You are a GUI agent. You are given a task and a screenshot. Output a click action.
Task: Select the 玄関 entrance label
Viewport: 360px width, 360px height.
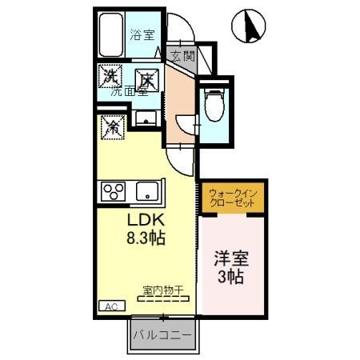[182, 56]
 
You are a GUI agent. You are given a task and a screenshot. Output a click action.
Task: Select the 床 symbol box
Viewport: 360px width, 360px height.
[146, 80]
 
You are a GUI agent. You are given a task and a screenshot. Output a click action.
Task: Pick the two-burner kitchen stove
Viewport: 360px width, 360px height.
[111, 192]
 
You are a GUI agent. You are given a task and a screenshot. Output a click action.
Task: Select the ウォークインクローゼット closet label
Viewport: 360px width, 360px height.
[232, 198]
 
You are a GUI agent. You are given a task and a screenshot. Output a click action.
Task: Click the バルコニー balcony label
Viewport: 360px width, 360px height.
[162, 334]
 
